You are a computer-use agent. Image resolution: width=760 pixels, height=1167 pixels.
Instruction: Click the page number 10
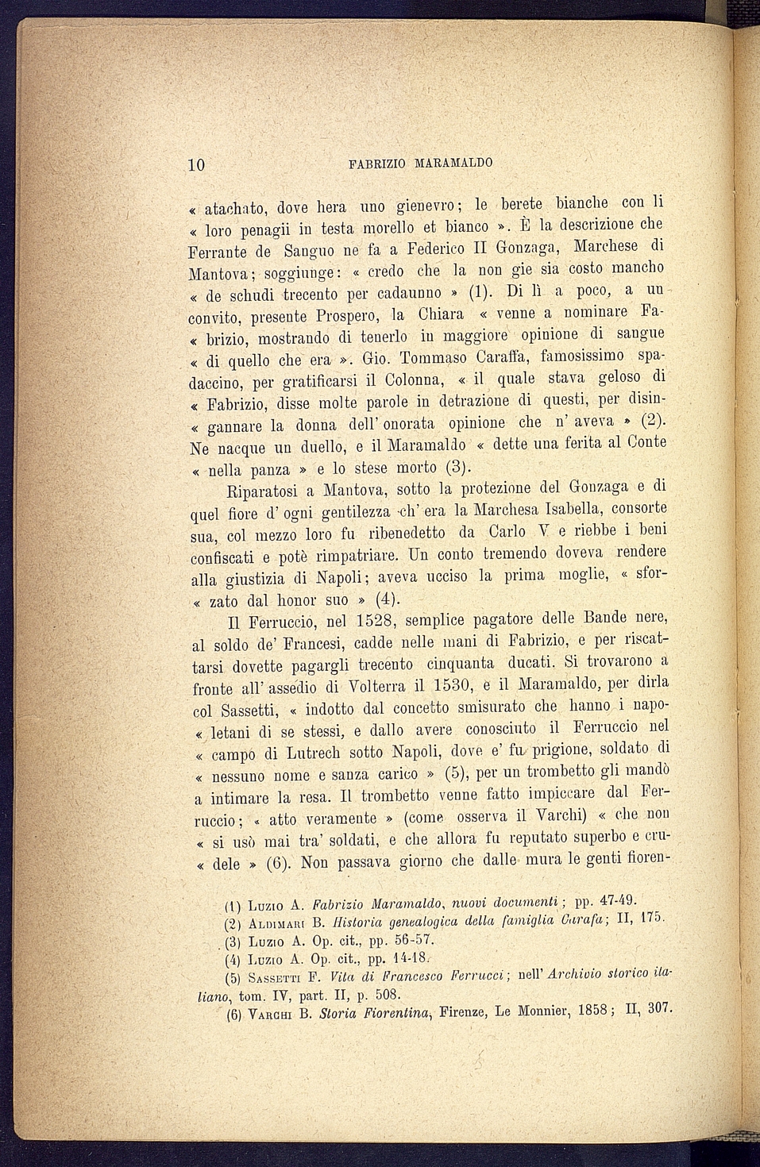coord(197,165)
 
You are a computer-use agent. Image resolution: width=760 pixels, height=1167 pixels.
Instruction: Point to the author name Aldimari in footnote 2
coord(276,924)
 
